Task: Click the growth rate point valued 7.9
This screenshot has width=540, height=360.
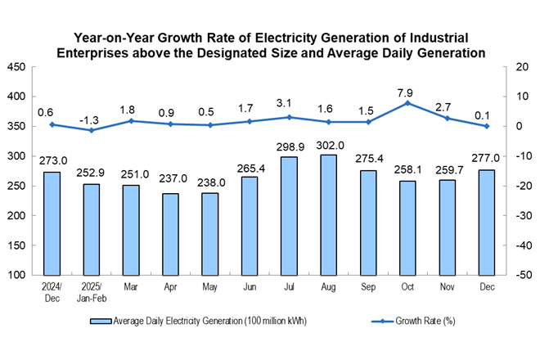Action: (x=407, y=103)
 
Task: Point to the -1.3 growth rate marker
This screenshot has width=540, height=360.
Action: (x=92, y=130)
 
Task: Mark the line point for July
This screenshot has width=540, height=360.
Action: (x=289, y=117)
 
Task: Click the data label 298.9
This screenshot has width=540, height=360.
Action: (x=289, y=146)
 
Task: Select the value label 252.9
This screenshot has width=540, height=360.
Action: (x=92, y=173)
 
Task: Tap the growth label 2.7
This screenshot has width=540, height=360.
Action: (x=447, y=107)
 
